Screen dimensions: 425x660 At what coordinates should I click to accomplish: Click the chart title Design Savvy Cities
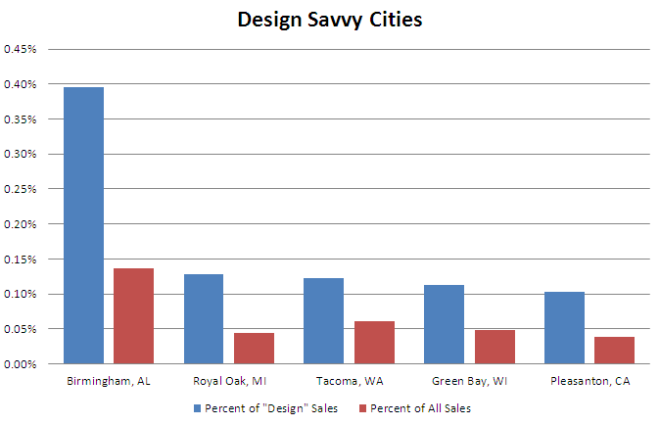[x=329, y=19]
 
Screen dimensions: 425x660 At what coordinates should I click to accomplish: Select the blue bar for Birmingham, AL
[x=84, y=225]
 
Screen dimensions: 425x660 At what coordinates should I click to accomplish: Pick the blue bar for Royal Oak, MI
[x=204, y=318]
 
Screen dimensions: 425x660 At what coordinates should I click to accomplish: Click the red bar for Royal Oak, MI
[x=254, y=348]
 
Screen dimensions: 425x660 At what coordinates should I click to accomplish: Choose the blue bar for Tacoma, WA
[x=324, y=320]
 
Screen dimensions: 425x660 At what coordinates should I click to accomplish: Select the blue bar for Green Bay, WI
[x=444, y=324]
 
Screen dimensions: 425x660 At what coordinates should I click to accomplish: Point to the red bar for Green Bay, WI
[x=494, y=347]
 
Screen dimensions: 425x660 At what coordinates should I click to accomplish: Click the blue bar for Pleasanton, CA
[x=564, y=327]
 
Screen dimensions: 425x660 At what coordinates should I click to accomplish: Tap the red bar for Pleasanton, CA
[x=613, y=350]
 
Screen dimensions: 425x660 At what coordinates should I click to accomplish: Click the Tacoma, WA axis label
[x=349, y=380]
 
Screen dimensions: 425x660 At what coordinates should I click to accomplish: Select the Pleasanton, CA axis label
[x=589, y=380]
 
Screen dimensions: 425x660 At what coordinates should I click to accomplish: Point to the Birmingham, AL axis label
[x=109, y=380]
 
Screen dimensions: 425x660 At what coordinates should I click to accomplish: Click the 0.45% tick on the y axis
[x=21, y=49]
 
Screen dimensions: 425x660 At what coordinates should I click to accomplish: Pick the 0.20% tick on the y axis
[x=21, y=224]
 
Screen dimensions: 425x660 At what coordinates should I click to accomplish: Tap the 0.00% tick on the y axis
[x=21, y=364]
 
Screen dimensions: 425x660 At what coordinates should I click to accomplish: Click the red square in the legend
[x=362, y=407]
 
